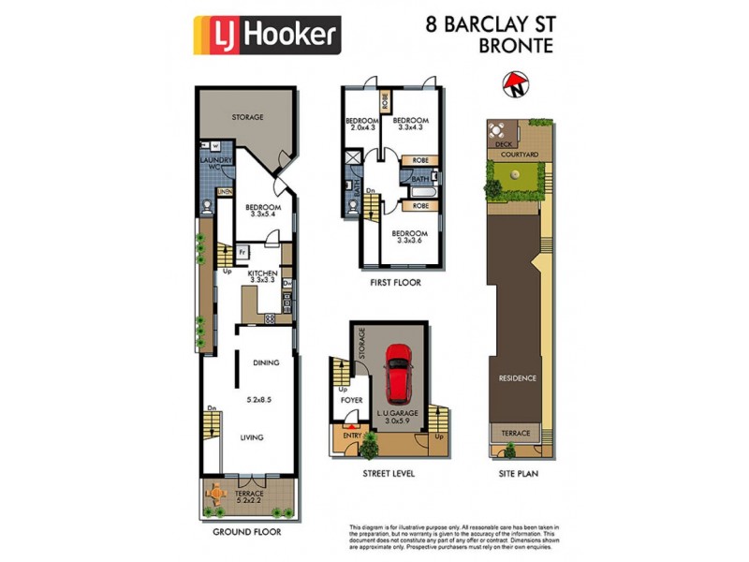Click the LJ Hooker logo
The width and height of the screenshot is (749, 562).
[x=266, y=35]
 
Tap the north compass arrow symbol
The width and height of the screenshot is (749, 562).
[x=514, y=87]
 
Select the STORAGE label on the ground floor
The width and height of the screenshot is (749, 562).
[x=247, y=117]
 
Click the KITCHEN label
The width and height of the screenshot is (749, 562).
[x=262, y=273]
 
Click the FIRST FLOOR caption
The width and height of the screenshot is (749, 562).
[x=395, y=282]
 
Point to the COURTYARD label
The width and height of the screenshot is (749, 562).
[x=518, y=155]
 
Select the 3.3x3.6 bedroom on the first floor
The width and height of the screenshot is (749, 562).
[x=410, y=238]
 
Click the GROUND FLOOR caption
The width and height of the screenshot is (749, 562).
[x=247, y=531]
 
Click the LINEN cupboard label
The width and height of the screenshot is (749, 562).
[x=225, y=192]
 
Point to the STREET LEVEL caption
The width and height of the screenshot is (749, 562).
[x=389, y=474]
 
